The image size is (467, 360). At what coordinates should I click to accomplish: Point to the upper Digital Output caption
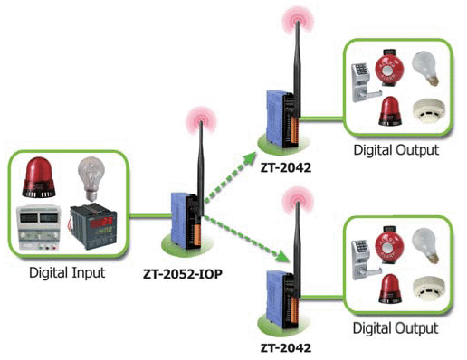pos(396,149)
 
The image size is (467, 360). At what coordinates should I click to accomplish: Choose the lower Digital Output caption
pos(396,327)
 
